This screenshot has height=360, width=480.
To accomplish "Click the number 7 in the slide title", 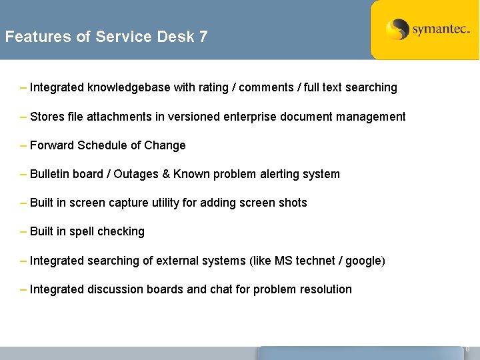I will tap(203, 37).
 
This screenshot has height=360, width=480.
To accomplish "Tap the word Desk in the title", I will tap(175, 37).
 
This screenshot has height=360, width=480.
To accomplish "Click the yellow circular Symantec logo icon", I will tap(398, 29).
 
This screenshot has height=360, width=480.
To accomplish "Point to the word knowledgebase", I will tap(129, 87).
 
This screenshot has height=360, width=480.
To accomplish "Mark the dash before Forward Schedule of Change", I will tap(24, 145).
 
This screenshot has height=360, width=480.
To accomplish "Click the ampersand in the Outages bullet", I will tap(165, 174).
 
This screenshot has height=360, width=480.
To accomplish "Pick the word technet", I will tap(315, 261).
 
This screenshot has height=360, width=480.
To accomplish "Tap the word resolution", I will tap(325, 289).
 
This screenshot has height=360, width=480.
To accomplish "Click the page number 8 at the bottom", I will tap(467, 349).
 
